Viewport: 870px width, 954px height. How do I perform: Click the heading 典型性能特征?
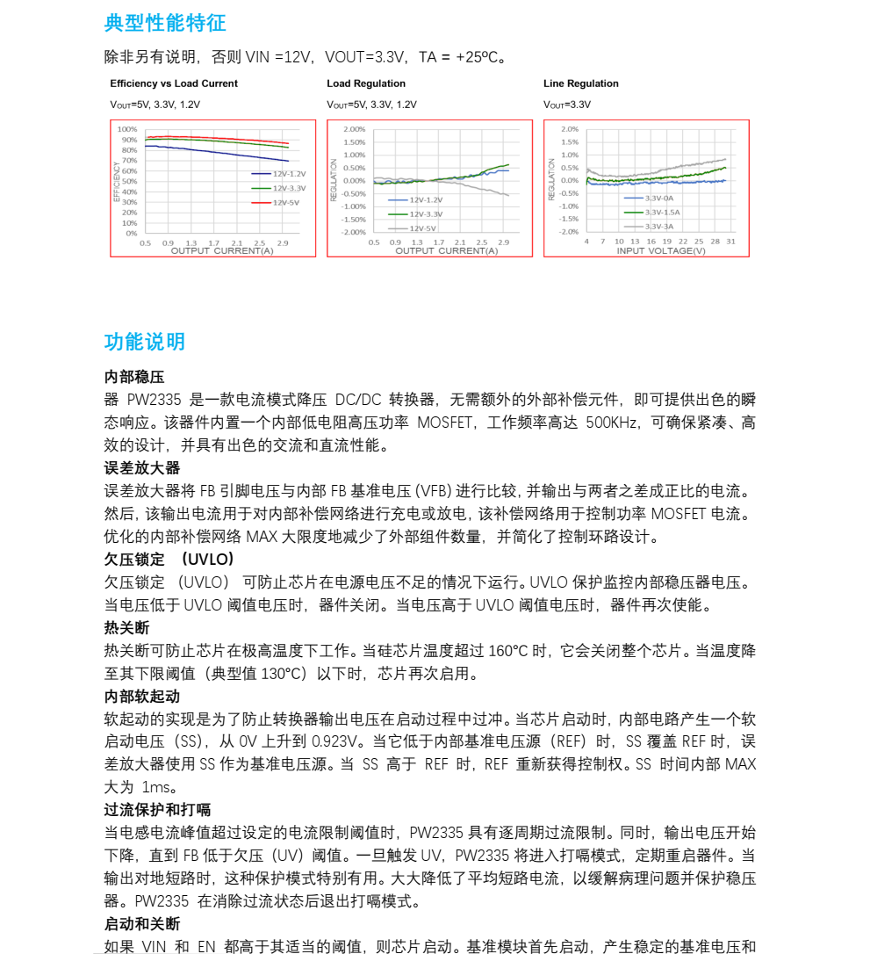(165, 23)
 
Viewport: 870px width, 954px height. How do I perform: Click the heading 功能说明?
(145, 342)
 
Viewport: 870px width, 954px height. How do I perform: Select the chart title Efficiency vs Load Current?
(174, 83)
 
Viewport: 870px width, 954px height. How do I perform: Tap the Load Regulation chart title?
(366, 83)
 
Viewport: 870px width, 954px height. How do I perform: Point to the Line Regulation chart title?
(581, 83)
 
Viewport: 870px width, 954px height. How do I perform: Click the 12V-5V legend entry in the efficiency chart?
(285, 202)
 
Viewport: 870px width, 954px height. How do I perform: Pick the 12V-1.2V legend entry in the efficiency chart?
(289, 174)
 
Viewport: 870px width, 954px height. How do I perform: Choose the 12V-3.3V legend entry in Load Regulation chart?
(426, 213)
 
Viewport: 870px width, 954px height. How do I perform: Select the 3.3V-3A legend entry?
(659, 226)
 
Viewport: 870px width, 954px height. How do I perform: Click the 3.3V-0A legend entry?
(659, 199)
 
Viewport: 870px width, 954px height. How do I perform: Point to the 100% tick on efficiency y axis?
(127, 129)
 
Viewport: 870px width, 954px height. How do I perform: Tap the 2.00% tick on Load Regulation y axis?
(354, 129)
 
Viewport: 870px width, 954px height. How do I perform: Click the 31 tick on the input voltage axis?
(730, 241)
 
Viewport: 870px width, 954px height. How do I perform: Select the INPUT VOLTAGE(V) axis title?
(661, 251)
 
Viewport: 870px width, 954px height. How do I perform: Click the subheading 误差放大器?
(142, 467)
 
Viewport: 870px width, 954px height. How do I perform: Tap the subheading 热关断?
(127, 627)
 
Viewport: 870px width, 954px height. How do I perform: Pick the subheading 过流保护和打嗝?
(157, 809)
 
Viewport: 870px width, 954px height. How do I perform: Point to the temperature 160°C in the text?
(505, 651)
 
